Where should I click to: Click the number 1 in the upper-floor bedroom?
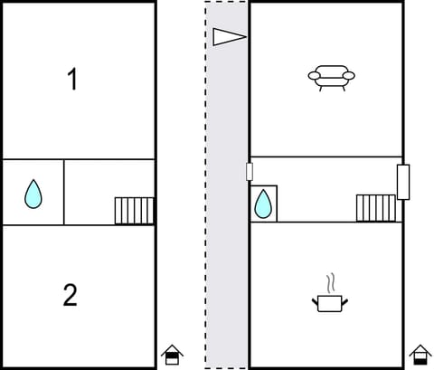[x=72, y=80]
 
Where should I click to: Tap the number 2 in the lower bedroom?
[x=71, y=295]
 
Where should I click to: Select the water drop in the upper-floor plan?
[x=33, y=193]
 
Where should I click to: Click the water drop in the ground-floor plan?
[x=263, y=204]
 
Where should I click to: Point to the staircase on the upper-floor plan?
[x=135, y=211]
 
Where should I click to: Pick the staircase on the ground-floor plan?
[x=375, y=208]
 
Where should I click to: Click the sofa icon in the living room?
[x=331, y=77]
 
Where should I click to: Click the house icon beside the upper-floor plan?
[x=172, y=355]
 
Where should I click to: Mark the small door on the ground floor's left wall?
[x=250, y=172]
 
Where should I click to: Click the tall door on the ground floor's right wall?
[x=403, y=182]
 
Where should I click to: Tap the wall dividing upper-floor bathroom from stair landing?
[x=64, y=192]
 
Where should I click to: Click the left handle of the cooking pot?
[x=316, y=299]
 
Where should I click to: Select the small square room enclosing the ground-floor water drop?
[x=263, y=203]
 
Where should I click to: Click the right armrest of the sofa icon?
[x=350, y=76]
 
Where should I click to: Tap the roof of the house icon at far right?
[x=420, y=348]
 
